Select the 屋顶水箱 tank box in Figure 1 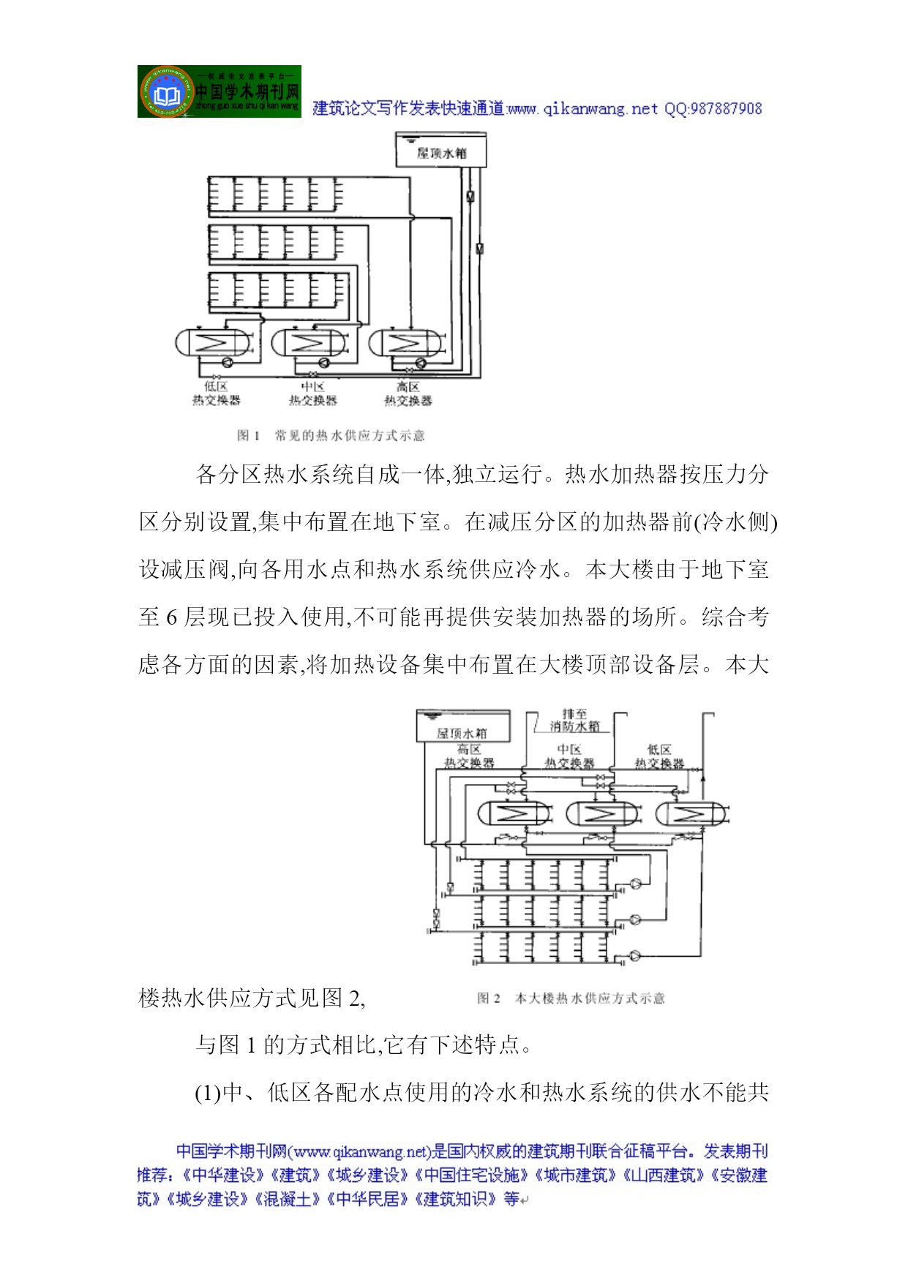point(440,151)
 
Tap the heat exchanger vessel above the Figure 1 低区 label point(213,342)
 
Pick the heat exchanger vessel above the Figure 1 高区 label point(405,342)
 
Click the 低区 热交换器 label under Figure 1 point(216,394)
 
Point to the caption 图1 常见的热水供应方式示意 point(331,436)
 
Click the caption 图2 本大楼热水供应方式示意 point(571,998)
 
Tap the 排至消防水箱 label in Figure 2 point(574,720)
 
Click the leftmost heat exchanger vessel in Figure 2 point(514,813)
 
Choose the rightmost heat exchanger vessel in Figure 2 point(691,813)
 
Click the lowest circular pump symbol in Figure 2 point(634,955)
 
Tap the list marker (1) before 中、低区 point(208,1093)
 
